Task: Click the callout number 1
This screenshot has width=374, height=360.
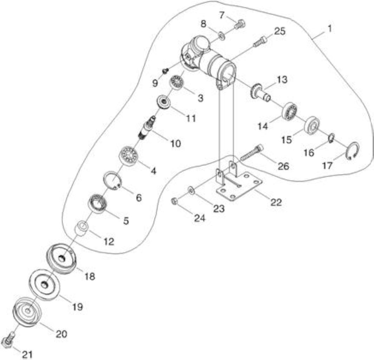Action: (x=329, y=29)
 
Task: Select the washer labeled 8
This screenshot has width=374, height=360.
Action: (x=222, y=37)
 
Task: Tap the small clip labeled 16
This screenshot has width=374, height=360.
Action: (x=332, y=139)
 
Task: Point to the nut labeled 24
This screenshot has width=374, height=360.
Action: (x=175, y=202)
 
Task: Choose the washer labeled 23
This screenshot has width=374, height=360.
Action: (x=191, y=190)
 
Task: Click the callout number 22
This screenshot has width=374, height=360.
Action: (x=276, y=202)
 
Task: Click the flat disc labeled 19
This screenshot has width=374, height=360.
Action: (x=45, y=284)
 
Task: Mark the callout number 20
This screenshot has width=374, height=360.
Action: (x=61, y=334)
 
